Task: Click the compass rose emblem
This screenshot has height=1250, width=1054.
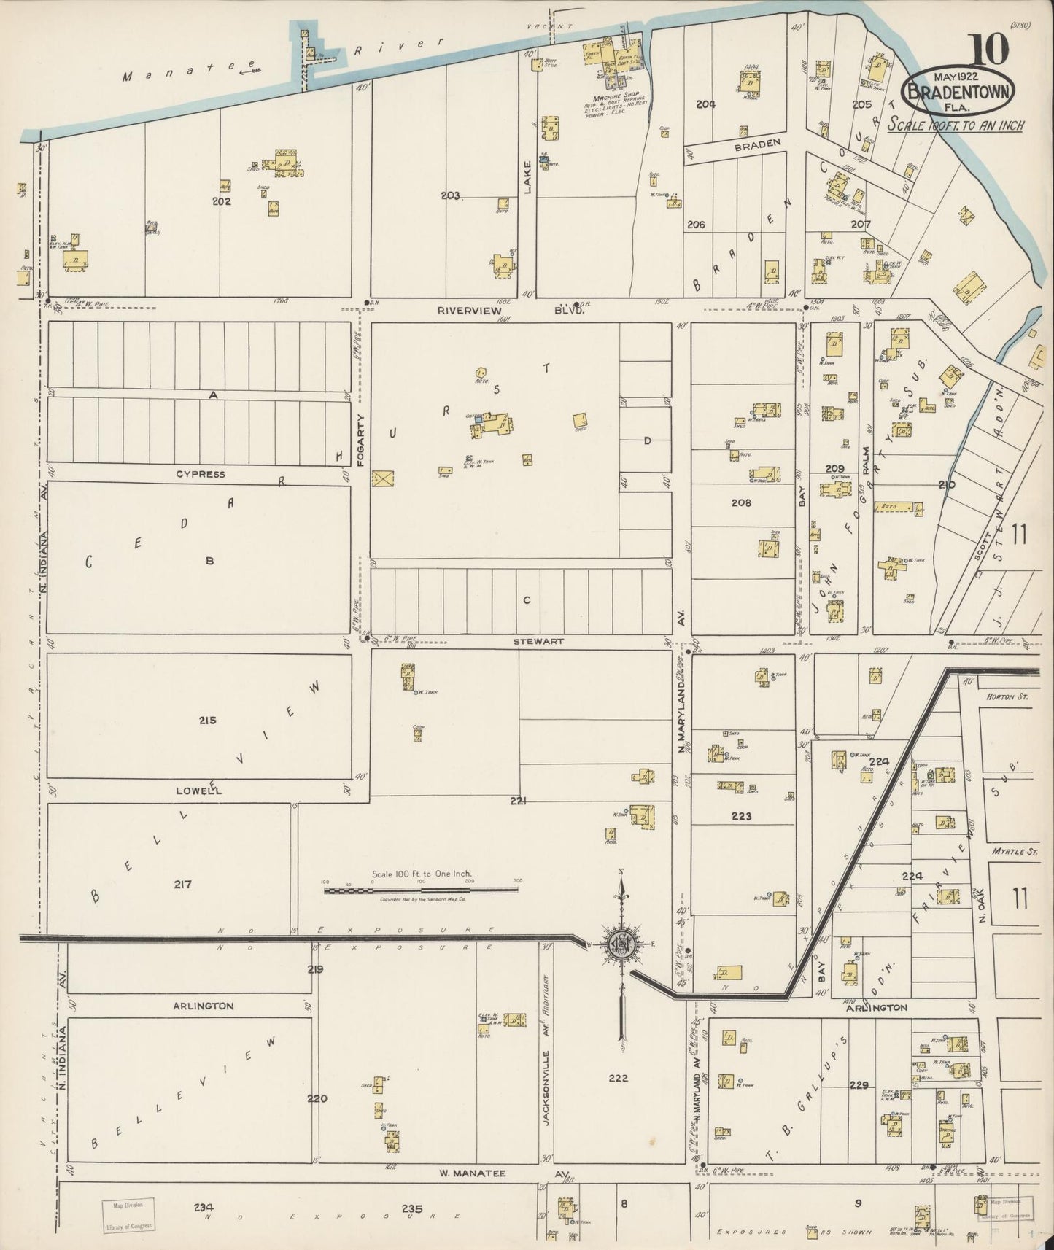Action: [622, 943]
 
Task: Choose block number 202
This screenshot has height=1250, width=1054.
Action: [222, 201]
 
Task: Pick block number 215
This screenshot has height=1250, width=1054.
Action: [208, 720]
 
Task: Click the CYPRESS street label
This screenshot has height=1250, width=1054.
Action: [200, 474]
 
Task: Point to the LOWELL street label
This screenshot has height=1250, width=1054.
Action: [198, 791]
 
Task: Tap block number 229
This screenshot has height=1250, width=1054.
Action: [859, 1084]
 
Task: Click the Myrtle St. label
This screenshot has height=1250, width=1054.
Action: [1009, 851]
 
